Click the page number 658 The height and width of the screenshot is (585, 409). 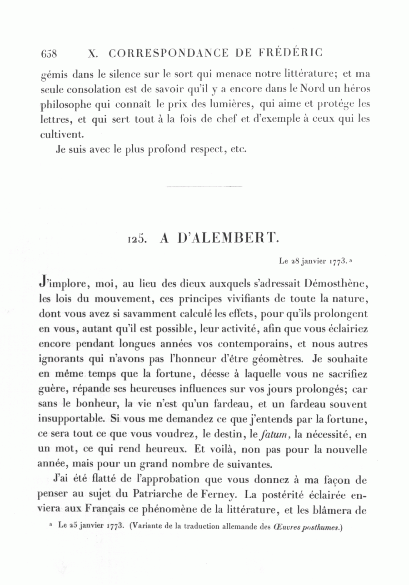[49, 54]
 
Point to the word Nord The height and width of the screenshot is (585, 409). [295, 88]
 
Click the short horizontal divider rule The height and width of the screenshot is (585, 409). [204, 186]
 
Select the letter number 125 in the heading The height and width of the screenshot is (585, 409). [136, 239]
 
